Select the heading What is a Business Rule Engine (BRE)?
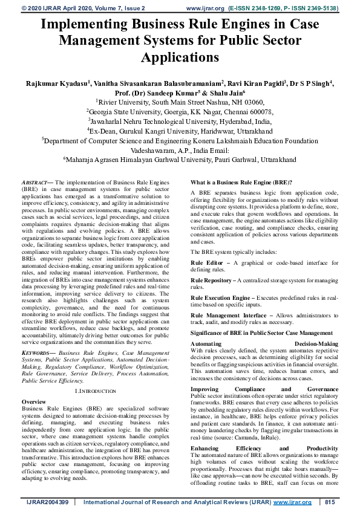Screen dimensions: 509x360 [x=241, y=182]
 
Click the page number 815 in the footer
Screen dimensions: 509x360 [x=330, y=502]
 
